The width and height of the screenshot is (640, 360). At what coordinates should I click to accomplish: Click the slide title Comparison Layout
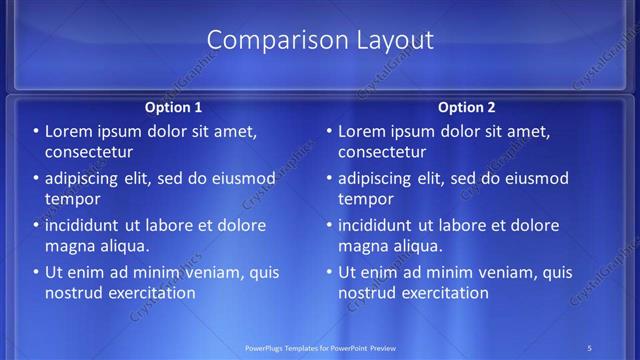pyautogui.click(x=320, y=40)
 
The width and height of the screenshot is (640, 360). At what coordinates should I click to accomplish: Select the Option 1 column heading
pyautogui.click(x=173, y=107)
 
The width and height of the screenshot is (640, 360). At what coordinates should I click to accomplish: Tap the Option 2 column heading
pyautogui.click(x=466, y=107)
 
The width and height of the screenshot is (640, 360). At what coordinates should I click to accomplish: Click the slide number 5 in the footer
pyautogui.click(x=590, y=347)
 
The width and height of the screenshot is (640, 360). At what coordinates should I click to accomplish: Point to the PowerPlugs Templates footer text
pyautogui.click(x=320, y=347)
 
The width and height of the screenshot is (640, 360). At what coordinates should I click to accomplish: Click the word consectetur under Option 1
pyautogui.click(x=89, y=152)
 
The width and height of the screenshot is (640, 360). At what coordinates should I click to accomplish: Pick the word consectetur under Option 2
pyautogui.click(x=382, y=152)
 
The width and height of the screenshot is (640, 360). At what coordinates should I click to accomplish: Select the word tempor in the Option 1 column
pyautogui.click(x=71, y=199)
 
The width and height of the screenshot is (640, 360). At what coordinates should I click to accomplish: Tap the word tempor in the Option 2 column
pyautogui.click(x=364, y=199)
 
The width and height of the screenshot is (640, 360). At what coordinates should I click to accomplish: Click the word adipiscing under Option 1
pyautogui.click(x=86, y=179)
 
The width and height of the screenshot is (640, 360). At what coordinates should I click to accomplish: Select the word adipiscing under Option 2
pyautogui.click(x=379, y=179)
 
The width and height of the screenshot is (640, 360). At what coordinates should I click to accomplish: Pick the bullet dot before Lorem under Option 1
pyautogui.click(x=36, y=131)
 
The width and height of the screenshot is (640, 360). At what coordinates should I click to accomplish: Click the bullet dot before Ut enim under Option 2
pyautogui.click(x=329, y=272)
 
